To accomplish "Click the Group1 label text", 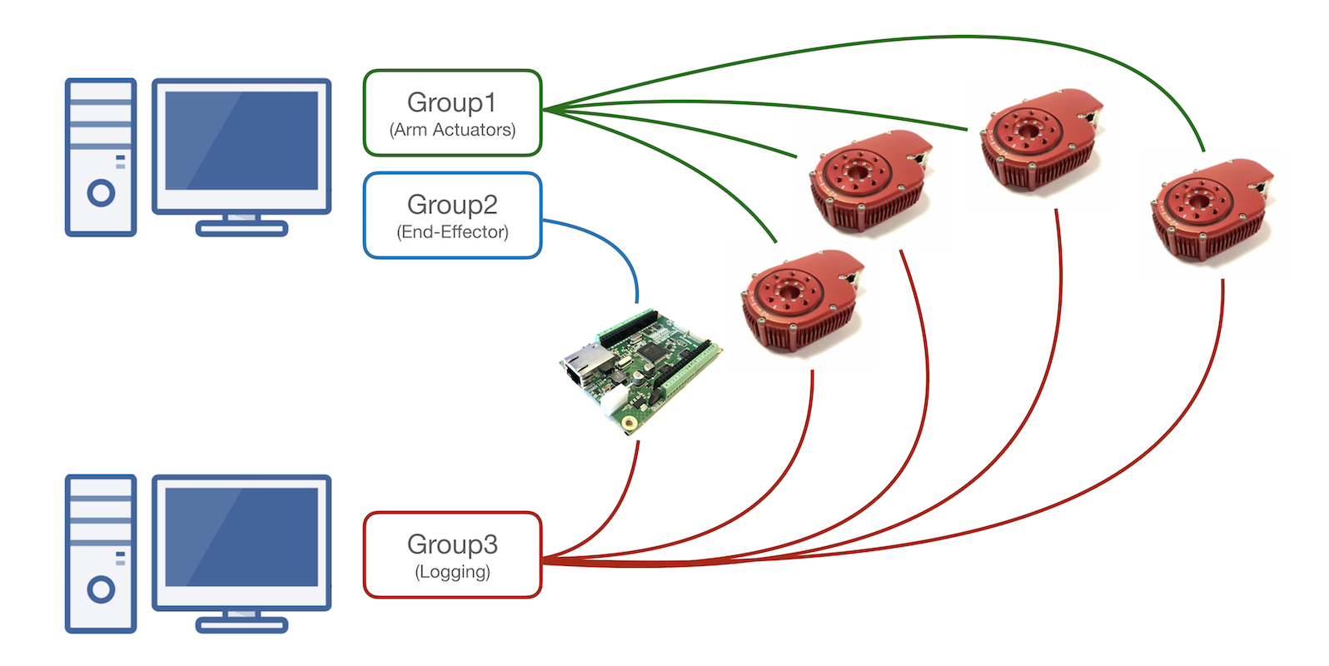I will pyautogui.click(x=451, y=102).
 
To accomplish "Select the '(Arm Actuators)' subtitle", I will pyautogui.click(x=452, y=130).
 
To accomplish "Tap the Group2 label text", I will pyautogui.click(x=452, y=205).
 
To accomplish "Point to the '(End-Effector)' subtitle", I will pyautogui.click(x=452, y=232).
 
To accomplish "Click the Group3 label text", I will pyautogui.click(x=452, y=544).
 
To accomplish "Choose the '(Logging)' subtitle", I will pyautogui.click(x=452, y=572).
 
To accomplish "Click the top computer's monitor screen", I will pyautogui.click(x=241, y=142).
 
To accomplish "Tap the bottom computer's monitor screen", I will pyautogui.click(x=241, y=538).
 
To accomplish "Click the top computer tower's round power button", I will pyautogui.click(x=101, y=193).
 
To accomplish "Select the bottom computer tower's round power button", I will pyautogui.click(x=101, y=589).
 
